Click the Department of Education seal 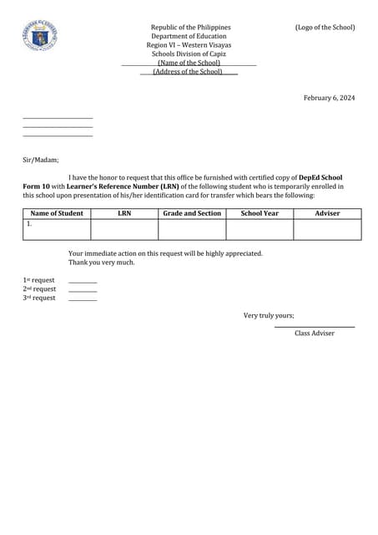click(39, 36)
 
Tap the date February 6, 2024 click(329, 98)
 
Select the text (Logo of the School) click(325, 28)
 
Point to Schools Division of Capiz click(189, 53)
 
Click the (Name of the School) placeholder click(189, 63)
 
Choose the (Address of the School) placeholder click(188, 72)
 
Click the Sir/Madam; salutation click(40, 160)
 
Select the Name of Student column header click(57, 213)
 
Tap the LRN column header click(124, 213)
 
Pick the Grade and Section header click(192, 213)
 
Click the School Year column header click(260, 213)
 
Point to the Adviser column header click(327, 213)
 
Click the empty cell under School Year click(260, 229)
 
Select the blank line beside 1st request click(83, 282)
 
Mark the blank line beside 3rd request click(83, 299)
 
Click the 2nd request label click(39, 289)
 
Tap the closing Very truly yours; click(269, 316)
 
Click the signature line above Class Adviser click(315, 326)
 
